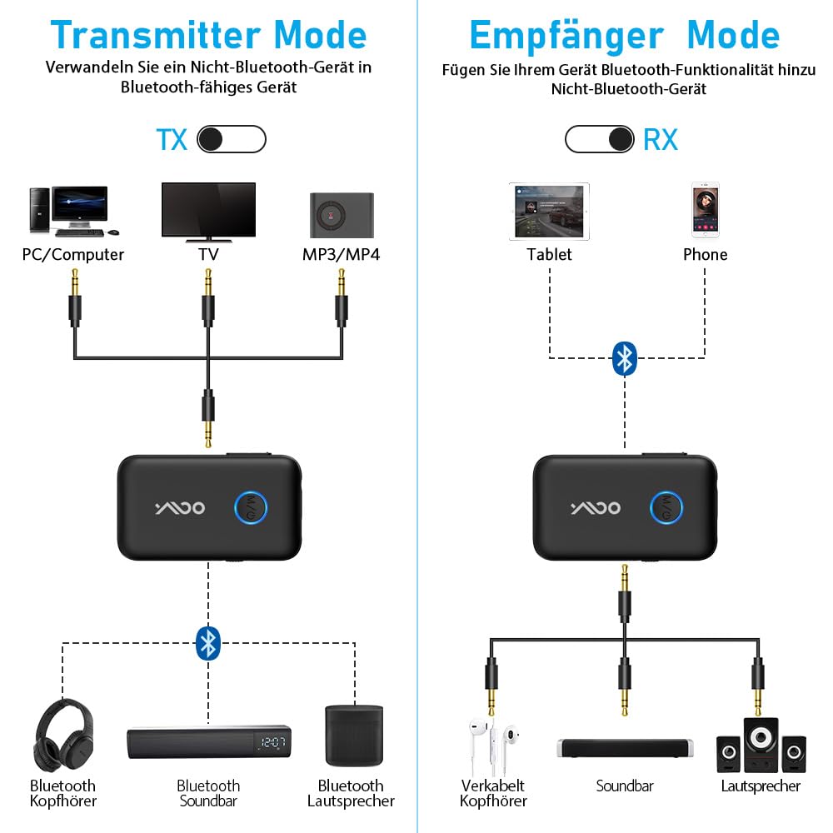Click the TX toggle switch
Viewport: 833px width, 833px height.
coord(232,140)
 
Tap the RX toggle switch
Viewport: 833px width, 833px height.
coord(599,139)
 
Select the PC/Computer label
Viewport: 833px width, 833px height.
coord(73,255)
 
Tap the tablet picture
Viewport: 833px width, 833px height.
coord(549,212)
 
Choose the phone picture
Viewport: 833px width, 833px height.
coord(705,212)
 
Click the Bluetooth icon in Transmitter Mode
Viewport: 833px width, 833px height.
coord(208,643)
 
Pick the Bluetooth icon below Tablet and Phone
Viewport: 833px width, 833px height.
coord(624,358)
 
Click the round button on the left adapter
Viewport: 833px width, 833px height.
coord(250,507)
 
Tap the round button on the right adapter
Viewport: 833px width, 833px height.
coord(666,507)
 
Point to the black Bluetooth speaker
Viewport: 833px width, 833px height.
coord(353,736)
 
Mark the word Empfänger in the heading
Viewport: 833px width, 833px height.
coord(566,35)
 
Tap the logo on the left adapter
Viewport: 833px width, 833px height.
coord(178,508)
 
